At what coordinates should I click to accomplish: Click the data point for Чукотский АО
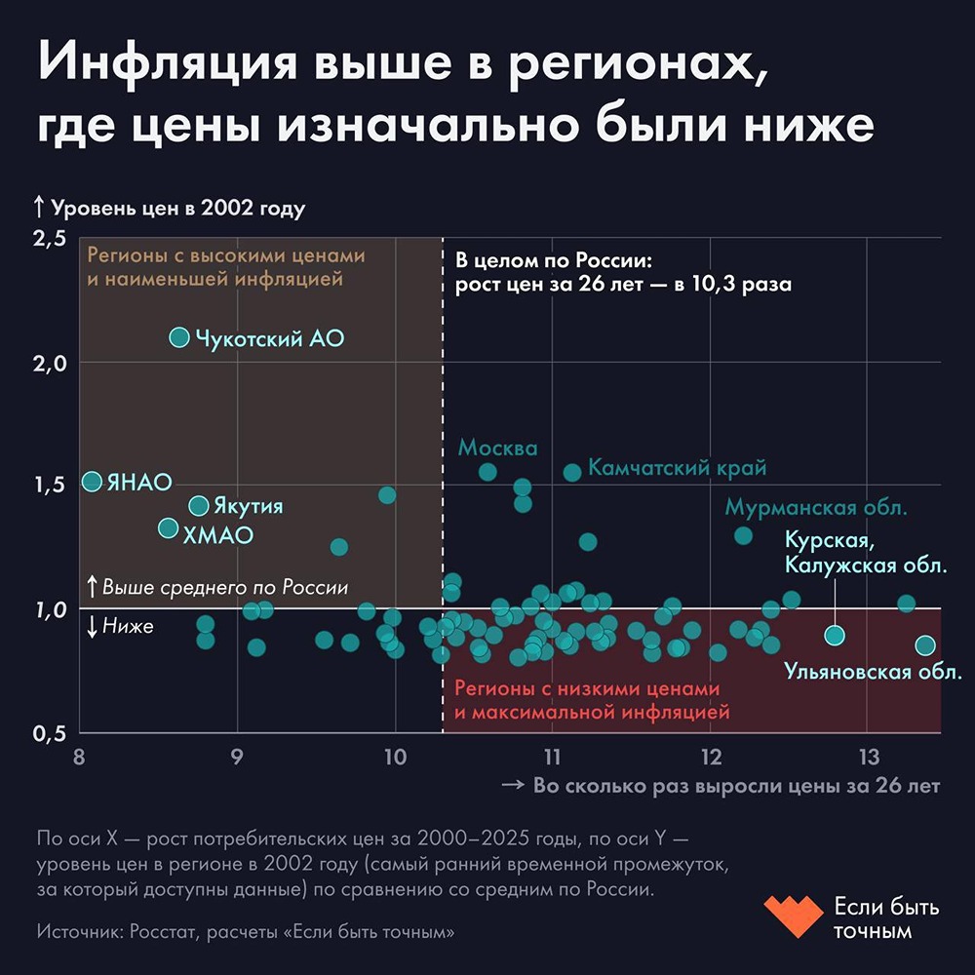pyautogui.click(x=179, y=337)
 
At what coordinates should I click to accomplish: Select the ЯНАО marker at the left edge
pyautogui.click(x=92, y=481)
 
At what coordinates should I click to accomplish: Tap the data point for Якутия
pyautogui.click(x=199, y=506)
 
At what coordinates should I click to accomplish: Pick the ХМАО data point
pyautogui.click(x=169, y=528)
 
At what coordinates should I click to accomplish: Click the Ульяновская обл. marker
pyautogui.click(x=925, y=645)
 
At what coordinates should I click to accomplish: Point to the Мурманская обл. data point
pyautogui.click(x=743, y=535)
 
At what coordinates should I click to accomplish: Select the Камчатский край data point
pyautogui.click(x=572, y=472)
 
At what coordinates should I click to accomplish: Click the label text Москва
pyautogui.click(x=497, y=448)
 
